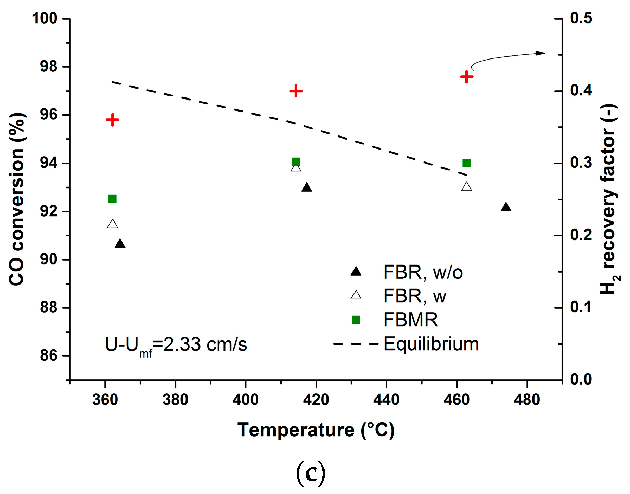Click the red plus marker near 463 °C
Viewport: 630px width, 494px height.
coord(466,77)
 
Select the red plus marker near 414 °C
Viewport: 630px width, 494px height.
coord(296,91)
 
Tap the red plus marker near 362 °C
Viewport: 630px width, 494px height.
coord(112,120)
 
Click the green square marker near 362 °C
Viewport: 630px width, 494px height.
coord(112,198)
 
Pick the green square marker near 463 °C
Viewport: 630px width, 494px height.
coord(466,163)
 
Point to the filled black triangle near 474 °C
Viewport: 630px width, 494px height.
coord(506,207)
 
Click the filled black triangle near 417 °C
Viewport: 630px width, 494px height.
coord(307,187)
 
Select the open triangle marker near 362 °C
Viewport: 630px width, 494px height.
coord(112,224)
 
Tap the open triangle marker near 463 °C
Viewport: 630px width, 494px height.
coord(466,187)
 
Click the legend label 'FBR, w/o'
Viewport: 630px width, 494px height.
coord(423,272)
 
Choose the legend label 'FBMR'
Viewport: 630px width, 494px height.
coord(410,320)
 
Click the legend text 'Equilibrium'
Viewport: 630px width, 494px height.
coord(431,344)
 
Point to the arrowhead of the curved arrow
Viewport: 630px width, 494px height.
coord(541,53)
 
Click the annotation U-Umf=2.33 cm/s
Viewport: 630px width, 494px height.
coord(176,345)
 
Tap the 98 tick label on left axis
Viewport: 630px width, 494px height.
coord(49,67)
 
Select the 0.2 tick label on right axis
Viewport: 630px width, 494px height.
coord(581,235)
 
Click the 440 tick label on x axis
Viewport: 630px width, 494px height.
coord(386,400)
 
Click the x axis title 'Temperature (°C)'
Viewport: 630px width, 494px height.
coord(316,430)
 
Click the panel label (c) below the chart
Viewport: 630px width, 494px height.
coord(311,473)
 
